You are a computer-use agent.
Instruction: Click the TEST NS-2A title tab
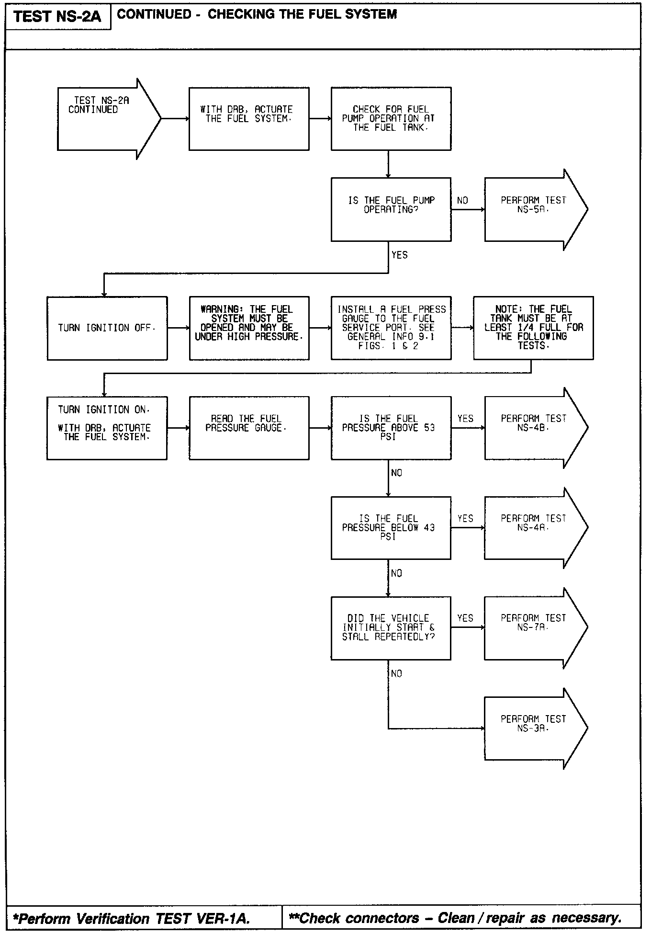[58, 17]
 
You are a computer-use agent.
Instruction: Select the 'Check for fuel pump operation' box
[391, 119]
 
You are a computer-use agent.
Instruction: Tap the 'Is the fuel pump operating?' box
[391, 209]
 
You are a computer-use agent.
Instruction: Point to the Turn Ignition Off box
[107, 328]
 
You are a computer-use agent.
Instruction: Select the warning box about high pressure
[249, 328]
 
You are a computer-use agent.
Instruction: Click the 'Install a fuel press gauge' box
[391, 328]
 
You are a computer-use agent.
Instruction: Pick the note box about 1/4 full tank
[533, 328]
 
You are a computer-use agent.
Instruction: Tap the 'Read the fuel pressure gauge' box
[249, 428]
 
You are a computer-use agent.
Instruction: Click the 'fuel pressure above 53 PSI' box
[391, 428]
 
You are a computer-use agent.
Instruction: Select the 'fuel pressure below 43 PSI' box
[391, 528]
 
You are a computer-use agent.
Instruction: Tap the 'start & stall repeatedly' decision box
[391, 628]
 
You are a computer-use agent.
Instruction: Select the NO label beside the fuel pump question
[462, 201]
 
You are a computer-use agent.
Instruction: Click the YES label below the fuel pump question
[400, 255]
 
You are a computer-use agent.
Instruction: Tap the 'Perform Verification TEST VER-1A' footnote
[132, 918]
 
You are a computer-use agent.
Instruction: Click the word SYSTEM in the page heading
[369, 14]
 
